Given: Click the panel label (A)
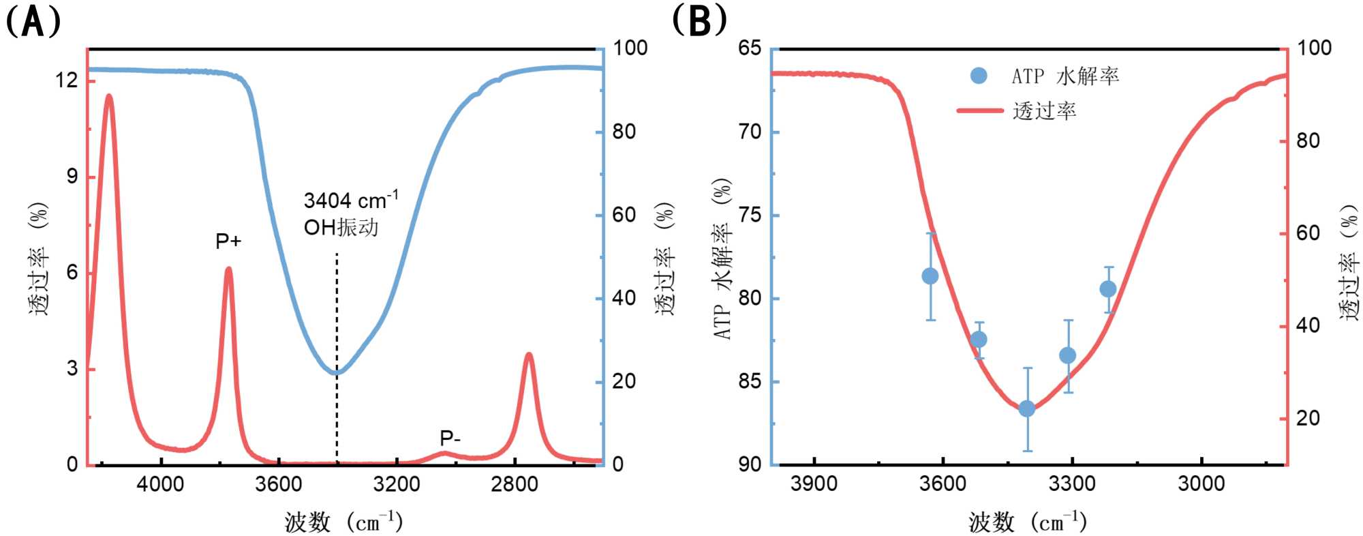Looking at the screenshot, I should [33, 21].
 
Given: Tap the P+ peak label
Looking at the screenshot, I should [228, 241].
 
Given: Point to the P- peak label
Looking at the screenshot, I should [450, 438].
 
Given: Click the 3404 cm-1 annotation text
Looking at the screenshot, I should [350, 200].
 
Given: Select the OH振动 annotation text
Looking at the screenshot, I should [341, 227].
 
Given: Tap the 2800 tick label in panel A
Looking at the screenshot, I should [515, 484].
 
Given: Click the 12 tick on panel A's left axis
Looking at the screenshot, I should [67, 80].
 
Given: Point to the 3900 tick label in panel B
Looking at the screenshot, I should [814, 484].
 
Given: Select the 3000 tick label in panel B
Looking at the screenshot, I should [1201, 484].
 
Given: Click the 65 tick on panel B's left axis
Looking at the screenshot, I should [749, 48].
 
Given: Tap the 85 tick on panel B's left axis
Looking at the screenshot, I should [749, 381].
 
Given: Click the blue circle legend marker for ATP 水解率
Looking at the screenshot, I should [979, 76].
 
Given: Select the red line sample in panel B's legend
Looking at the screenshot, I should [980, 110].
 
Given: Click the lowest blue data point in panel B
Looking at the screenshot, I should [1027, 408].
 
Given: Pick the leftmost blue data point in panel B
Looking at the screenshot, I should [930, 276].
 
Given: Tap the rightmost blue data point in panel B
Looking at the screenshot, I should [1107, 289].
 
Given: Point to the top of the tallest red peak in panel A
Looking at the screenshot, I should [108, 96].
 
